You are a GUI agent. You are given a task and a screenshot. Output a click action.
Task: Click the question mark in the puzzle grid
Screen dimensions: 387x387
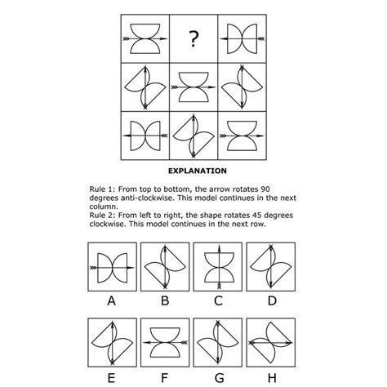tap(193, 38)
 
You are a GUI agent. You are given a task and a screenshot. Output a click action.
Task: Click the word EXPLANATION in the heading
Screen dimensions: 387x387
tap(197, 171)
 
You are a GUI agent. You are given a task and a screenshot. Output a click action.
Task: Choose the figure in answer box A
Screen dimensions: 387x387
tap(110, 267)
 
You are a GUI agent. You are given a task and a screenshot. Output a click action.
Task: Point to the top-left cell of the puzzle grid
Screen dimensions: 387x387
tap(144, 38)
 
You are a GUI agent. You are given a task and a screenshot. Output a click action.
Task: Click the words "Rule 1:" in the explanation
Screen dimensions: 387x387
tap(104, 189)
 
